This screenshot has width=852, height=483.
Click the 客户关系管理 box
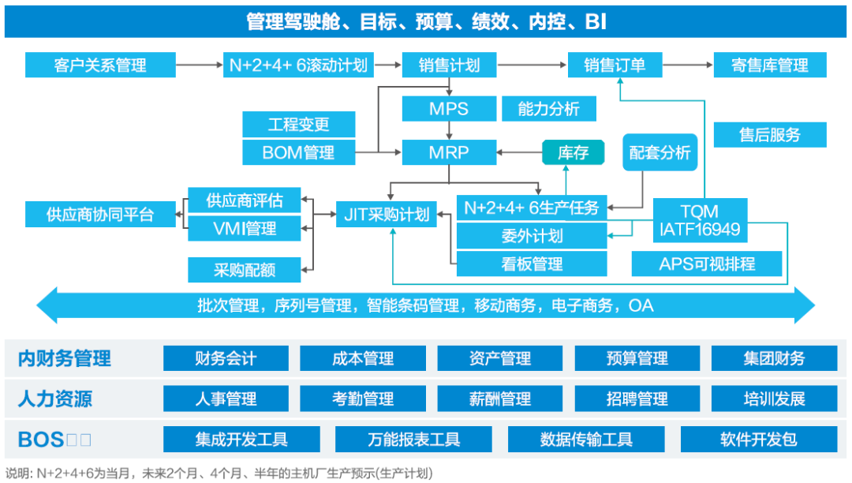[100, 65]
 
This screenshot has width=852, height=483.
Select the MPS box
[448, 109]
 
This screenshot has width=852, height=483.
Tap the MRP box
[448, 152]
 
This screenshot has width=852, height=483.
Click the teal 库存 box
[573, 152]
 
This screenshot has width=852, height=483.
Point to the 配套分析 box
[660, 152]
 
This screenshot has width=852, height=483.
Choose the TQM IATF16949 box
[699, 221]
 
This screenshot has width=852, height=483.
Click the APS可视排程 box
[707, 264]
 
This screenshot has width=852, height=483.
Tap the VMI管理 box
[245, 229]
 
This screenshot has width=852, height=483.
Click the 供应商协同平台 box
[100, 214]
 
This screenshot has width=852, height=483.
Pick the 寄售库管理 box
[770, 65]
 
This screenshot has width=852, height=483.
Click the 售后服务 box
[770, 134]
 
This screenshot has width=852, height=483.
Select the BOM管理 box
[298, 152]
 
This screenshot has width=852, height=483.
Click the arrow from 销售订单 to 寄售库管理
[686, 65]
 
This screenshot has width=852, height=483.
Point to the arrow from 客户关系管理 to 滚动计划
[198, 65]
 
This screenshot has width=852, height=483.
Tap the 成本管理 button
[363, 358]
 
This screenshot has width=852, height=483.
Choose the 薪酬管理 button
[499, 399]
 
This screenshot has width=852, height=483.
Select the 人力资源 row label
[55, 399]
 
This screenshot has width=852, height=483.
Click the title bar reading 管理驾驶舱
[426, 21]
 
